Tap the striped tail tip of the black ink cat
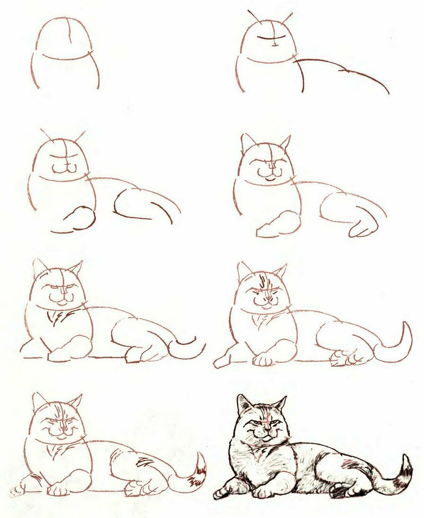(x=406, y=467)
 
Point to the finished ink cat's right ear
(x=280, y=404)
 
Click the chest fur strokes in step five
(x=59, y=318)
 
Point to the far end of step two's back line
(x=387, y=92)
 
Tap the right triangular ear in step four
(x=285, y=142)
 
